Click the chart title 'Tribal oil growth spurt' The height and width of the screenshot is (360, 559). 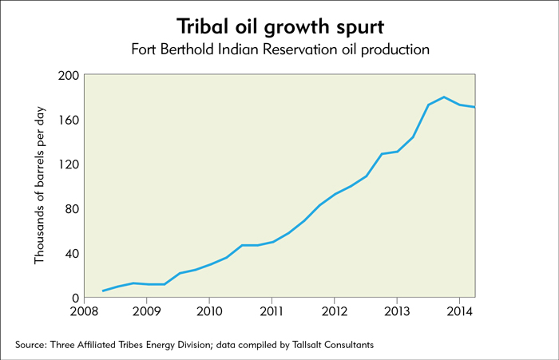[280, 26]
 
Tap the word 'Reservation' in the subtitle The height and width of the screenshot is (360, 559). [299, 49]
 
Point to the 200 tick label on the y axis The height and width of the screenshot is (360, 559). [68, 76]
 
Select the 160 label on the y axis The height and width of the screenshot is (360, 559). [68, 120]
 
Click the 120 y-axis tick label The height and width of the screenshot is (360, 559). [68, 164]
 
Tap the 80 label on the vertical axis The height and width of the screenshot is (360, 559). [72, 209]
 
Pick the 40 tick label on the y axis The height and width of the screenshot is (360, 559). [72, 253]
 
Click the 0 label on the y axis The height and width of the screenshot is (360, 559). [75, 298]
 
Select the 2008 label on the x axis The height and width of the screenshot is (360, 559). [84, 311]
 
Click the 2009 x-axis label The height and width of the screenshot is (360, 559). [146, 311]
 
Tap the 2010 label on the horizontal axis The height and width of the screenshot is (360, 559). [209, 311]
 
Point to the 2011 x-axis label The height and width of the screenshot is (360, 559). [272, 311]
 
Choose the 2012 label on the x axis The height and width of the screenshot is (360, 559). [334, 311]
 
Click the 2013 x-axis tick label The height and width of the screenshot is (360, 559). [397, 311]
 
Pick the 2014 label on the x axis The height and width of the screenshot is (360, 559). [459, 311]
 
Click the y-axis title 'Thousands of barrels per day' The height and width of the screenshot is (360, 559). [40, 185]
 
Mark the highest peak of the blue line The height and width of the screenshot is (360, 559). [444, 97]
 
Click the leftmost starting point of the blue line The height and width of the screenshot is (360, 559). [103, 291]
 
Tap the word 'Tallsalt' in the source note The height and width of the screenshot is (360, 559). [306, 345]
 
